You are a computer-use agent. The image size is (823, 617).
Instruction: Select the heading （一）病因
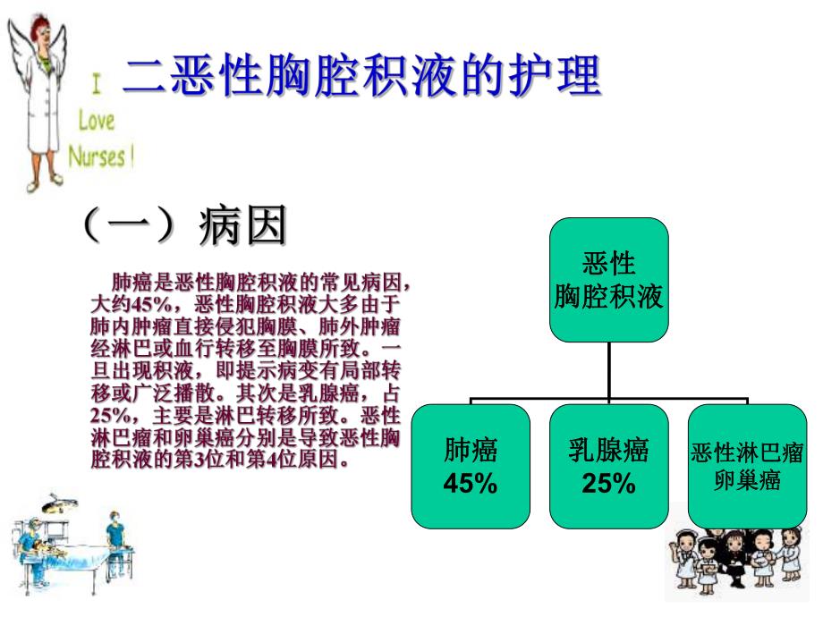click(184, 225)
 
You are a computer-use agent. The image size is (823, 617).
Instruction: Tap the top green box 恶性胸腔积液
click(608, 280)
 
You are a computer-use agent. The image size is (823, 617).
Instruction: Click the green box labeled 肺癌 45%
click(471, 466)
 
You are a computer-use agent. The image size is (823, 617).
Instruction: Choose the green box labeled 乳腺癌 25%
click(608, 466)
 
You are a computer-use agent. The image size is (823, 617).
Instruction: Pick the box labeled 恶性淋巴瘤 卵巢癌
click(747, 466)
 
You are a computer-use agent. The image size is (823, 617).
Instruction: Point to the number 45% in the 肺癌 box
click(471, 484)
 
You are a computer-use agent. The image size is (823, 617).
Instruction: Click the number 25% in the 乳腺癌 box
click(608, 484)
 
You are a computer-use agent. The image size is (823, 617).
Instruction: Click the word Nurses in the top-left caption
click(98, 156)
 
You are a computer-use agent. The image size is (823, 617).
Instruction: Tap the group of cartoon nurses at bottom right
click(742, 559)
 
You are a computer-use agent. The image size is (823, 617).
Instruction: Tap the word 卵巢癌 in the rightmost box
click(747, 480)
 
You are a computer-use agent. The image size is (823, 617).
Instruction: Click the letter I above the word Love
click(96, 86)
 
